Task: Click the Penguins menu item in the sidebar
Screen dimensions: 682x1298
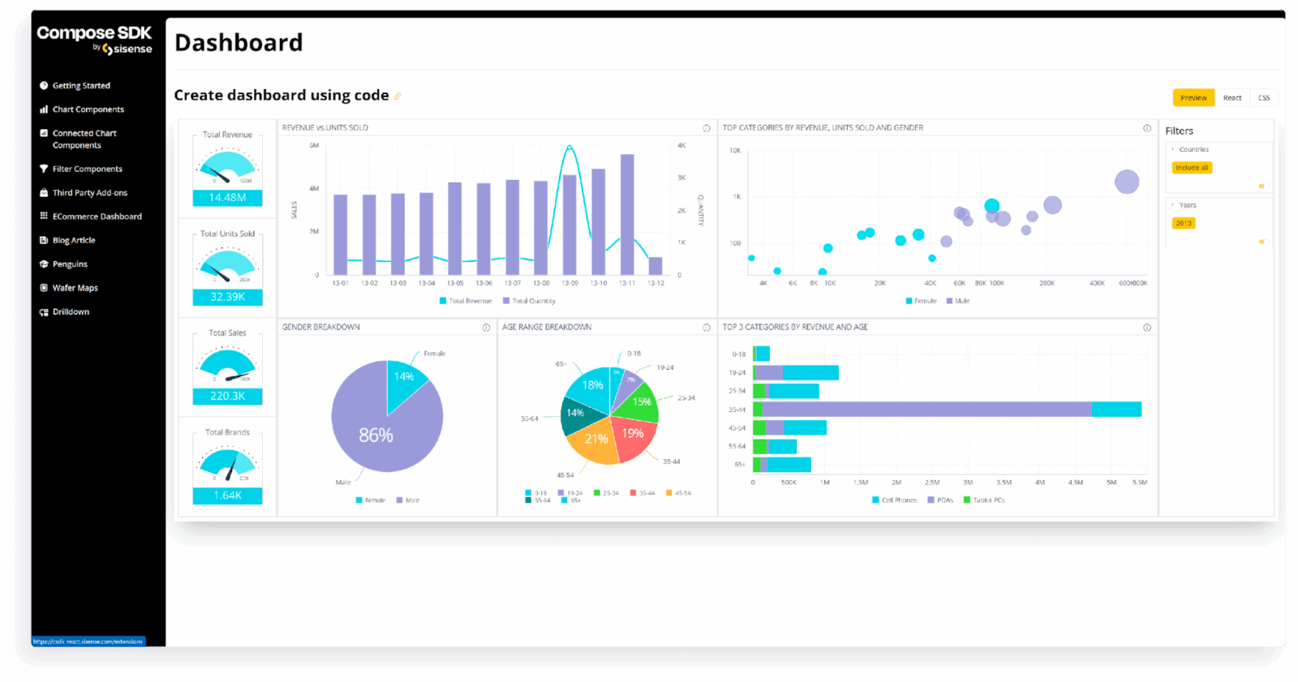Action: point(70,264)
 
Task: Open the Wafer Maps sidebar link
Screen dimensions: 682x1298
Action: point(75,288)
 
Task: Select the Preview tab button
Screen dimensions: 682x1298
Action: point(1193,98)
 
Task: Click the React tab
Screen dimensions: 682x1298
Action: point(1232,98)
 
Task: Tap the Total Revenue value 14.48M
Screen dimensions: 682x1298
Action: point(227,198)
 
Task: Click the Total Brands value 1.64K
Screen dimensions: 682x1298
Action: point(227,495)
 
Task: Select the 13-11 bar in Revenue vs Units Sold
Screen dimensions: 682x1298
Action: point(627,214)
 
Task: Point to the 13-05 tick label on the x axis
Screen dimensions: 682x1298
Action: point(455,283)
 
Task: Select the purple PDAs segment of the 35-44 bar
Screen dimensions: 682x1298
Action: point(925,410)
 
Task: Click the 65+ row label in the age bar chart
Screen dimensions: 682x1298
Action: point(739,465)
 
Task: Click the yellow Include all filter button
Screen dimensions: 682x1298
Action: point(1192,168)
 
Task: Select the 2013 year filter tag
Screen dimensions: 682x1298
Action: point(1184,223)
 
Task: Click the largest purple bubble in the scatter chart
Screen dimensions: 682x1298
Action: point(1127,182)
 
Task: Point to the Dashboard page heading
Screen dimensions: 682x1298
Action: point(239,42)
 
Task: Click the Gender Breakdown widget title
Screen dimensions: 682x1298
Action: point(321,328)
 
